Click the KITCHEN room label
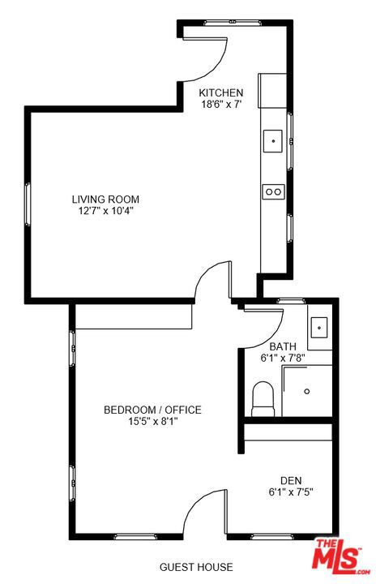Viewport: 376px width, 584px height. point(221,92)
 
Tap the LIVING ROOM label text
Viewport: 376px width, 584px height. point(105,199)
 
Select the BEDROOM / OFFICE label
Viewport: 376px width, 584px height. point(152,410)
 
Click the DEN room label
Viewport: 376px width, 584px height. point(291,479)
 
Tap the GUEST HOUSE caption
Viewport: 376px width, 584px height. point(196,567)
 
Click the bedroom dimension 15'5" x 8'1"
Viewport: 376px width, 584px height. point(152,421)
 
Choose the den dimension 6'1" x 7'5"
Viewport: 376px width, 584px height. point(291,492)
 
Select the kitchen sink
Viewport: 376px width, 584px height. point(273,141)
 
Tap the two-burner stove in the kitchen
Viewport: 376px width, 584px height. point(273,191)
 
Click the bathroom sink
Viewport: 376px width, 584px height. point(319,328)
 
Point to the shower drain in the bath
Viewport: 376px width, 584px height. point(307,391)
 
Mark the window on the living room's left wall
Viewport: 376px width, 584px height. point(28,206)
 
